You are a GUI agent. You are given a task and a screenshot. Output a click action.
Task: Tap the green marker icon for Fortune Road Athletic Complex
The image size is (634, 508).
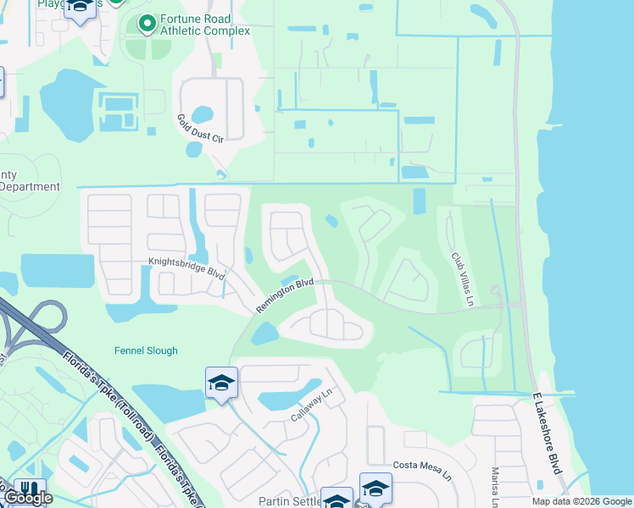(x=146, y=23)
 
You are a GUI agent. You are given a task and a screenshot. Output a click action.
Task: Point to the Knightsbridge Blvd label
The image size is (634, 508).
(x=186, y=268)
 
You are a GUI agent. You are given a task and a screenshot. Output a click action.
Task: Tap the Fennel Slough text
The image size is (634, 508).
(x=146, y=351)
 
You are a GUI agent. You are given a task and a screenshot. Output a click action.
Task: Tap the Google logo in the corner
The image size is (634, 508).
(x=27, y=498)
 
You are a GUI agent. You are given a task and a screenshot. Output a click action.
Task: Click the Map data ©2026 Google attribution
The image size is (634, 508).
(x=581, y=501)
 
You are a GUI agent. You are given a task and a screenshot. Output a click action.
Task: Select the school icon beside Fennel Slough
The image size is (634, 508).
(x=220, y=383)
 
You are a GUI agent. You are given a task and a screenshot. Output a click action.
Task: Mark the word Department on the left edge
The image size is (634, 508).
(x=30, y=187)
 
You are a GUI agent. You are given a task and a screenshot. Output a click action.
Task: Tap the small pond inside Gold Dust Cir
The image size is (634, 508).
(x=203, y=114)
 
